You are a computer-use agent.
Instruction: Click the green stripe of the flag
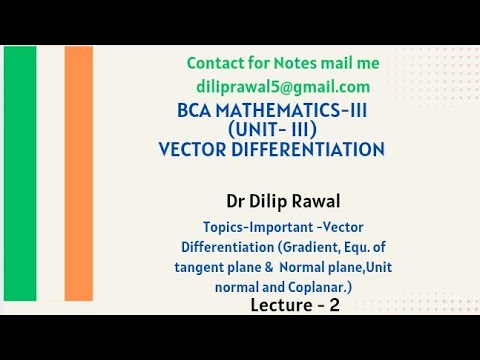[20, 180]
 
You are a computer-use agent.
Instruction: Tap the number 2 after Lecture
[334, 305]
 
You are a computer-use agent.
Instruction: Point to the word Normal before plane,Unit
[303, 266]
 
